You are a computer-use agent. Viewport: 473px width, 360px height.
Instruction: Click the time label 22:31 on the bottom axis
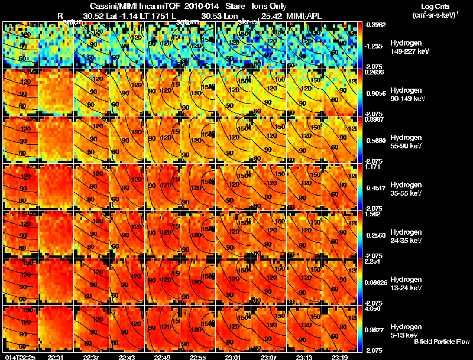(55, 357)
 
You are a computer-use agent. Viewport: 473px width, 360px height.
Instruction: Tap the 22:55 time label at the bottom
(197, 357)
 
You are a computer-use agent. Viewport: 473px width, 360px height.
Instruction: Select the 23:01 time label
(233, 357)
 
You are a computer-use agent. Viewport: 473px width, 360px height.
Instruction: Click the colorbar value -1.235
(375, 46)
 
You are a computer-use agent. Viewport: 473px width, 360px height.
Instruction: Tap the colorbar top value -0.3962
(377, 25)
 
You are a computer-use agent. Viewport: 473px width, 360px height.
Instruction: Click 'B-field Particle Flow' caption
(441, 342)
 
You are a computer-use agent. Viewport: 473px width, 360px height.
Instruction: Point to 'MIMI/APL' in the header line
(306, 16)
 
